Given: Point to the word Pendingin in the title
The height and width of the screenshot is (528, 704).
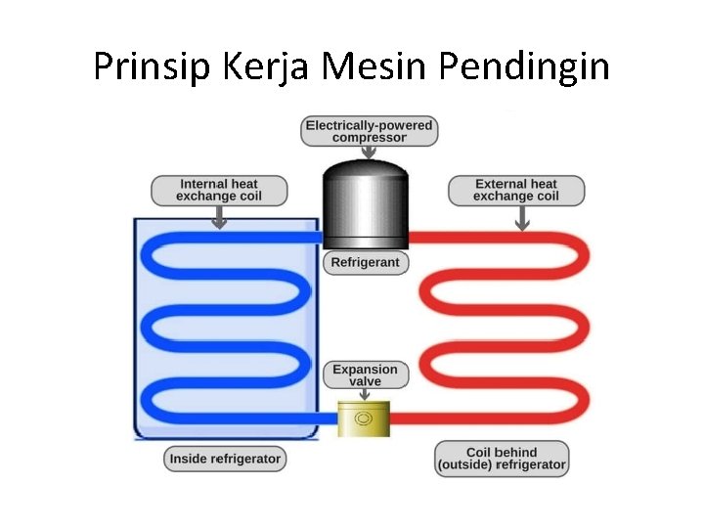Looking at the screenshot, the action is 524,66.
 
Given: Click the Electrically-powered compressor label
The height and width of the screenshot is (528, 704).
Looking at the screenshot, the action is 369,131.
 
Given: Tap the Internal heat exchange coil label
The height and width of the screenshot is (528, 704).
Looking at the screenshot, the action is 219,190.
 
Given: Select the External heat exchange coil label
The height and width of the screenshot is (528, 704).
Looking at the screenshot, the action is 516,190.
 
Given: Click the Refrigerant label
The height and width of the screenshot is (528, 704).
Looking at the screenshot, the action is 365,263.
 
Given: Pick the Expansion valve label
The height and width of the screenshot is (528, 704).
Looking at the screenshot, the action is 365,374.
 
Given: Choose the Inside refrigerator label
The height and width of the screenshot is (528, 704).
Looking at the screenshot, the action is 225,458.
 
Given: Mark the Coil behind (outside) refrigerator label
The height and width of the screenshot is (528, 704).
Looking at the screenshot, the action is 502,459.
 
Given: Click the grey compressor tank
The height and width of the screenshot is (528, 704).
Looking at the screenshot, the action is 365,205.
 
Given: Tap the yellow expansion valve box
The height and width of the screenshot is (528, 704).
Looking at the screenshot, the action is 364,419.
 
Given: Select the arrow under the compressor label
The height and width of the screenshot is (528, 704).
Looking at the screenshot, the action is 369,153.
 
